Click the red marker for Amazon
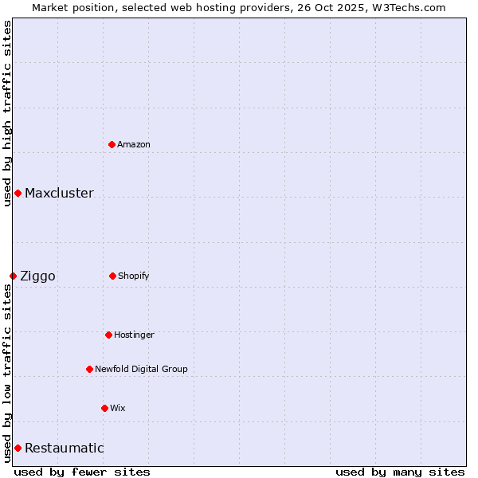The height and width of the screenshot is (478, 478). (112, 144)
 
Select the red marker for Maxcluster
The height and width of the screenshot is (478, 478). (18, 194)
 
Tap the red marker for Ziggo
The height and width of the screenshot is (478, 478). (13, 276)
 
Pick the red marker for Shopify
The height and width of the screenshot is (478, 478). (112, 276)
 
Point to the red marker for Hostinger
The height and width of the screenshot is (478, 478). (108, 335)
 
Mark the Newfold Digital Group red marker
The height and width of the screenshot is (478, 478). (89, 369)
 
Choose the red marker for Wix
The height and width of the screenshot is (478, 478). (104, 408)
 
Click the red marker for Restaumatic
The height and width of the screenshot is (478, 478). (18, 448)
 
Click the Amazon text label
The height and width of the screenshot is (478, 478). (134, 144)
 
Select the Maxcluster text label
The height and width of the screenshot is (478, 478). (59, 194)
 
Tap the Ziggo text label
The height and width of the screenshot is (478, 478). (37, 276)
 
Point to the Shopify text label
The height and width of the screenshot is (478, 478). (134, 276)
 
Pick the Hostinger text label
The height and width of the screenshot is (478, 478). (134, 335)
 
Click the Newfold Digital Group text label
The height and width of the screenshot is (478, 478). (141, 369)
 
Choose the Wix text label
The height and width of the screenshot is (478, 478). (118, 408)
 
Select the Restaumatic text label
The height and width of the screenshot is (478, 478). (64, 448)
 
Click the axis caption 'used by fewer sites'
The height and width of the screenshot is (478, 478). (82, 472)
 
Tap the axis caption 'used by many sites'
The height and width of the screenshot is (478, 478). (400, 472)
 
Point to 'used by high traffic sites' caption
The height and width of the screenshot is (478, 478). (7, 113)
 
